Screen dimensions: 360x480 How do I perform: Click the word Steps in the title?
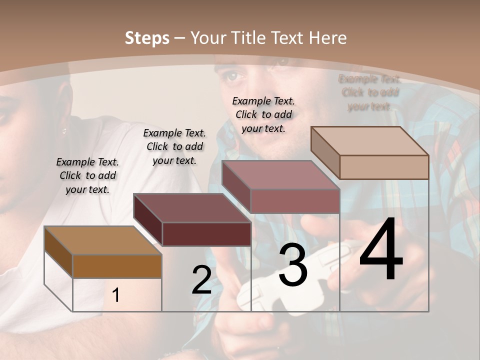tap(147, 38)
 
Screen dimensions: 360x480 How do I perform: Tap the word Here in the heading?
tap(327, 38)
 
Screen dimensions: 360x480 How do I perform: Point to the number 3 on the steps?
tap(292, 265)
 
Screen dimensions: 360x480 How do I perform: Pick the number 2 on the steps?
tap(201, 280)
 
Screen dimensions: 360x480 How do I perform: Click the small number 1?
tap(116, 295)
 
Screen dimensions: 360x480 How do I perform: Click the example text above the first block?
tap(87, 175)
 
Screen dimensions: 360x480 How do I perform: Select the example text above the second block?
tap(174, 146)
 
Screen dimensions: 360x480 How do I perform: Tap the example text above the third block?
tap(263, 114)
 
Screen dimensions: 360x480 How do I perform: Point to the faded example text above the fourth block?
tap(369, 92)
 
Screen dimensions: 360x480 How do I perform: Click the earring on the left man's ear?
tap(64, 131)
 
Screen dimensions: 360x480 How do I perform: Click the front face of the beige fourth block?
tap(384, 167)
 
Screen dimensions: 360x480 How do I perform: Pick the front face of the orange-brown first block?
tap(117, 266)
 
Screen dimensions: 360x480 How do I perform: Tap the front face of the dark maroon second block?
tap(206, 234)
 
